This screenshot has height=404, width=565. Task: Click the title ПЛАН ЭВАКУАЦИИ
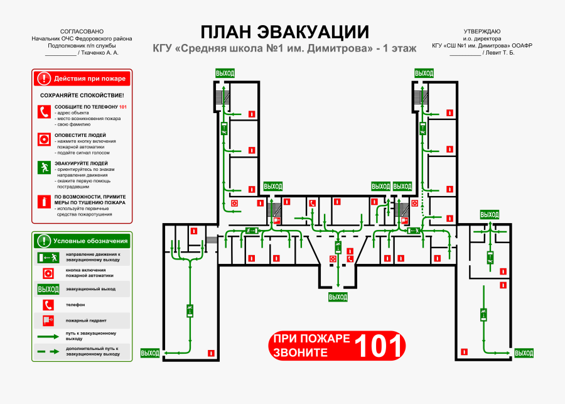(x=284, y=32)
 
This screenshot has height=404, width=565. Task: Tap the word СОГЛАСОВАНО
(x=82, y=31)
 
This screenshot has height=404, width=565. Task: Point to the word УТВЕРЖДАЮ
(x=482, y=31)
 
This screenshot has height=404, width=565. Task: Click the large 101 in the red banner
(x=379, y=346)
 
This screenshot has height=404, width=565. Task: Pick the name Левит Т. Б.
(x=499, y=53)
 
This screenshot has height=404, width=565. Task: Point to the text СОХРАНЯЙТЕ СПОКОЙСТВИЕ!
(x=82, y=95)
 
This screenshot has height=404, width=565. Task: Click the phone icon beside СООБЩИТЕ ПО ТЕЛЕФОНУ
(x=44, y=112)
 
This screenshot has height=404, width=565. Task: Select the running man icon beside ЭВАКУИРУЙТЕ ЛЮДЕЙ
(x=44, y=167)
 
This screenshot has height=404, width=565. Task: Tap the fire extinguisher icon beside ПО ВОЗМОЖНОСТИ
(x=44, y=201)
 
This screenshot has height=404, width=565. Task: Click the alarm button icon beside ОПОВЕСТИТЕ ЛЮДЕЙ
(x=44, y=139)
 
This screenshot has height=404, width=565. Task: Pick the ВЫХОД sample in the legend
(x=48, y=289)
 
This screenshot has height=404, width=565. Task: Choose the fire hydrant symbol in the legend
(x=48, y=320)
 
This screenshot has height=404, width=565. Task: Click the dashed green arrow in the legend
(x=48, y=351)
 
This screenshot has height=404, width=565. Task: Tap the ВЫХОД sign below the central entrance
(x=338, y=297)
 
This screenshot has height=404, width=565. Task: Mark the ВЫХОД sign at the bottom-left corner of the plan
(x=150, y=353)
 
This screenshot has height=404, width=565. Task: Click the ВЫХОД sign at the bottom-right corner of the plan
(x=524, y=353)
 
